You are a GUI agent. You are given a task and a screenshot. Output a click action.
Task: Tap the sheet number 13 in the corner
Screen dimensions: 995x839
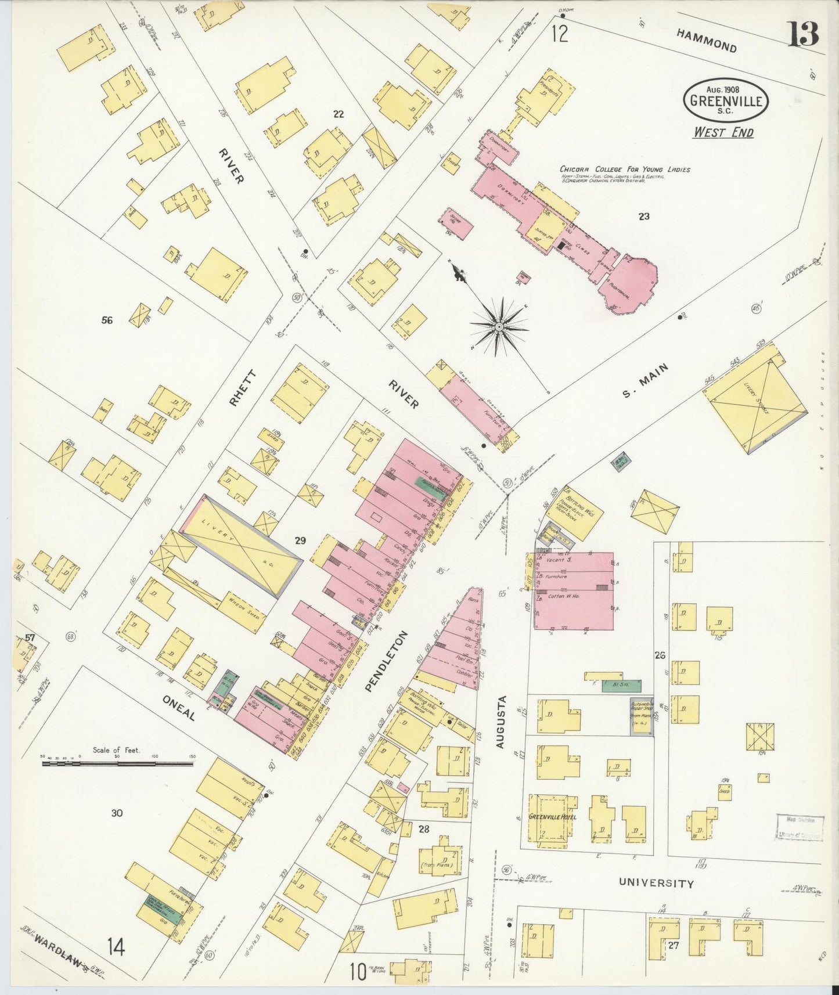point(803,34)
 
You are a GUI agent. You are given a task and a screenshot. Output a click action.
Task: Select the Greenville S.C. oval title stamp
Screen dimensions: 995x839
point(726,100)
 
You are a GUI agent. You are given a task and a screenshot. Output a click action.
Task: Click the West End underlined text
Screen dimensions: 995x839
point(723,132)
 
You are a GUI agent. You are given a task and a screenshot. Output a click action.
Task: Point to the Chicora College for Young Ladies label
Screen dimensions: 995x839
point(625,170)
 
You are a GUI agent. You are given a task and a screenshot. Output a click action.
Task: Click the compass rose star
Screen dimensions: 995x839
point(498,327)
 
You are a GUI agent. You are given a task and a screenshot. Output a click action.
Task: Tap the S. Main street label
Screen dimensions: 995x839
point(645,381)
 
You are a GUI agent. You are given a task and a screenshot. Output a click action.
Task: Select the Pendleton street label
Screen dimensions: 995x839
point(386,661)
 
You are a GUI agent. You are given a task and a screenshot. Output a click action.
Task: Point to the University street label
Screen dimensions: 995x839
point(656,883)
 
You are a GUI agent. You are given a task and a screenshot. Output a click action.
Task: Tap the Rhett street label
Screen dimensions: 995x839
point(242,387)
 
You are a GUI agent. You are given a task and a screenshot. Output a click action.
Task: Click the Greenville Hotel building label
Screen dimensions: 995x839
point(552,817)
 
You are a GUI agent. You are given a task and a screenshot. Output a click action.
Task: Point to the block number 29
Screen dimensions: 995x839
point(300,540)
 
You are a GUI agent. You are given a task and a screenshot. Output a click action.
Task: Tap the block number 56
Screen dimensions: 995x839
point(107,320)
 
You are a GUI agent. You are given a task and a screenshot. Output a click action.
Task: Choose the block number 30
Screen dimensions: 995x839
point(117,813)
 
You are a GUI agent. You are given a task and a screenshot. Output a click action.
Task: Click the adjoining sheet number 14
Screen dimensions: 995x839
point(116,948)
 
